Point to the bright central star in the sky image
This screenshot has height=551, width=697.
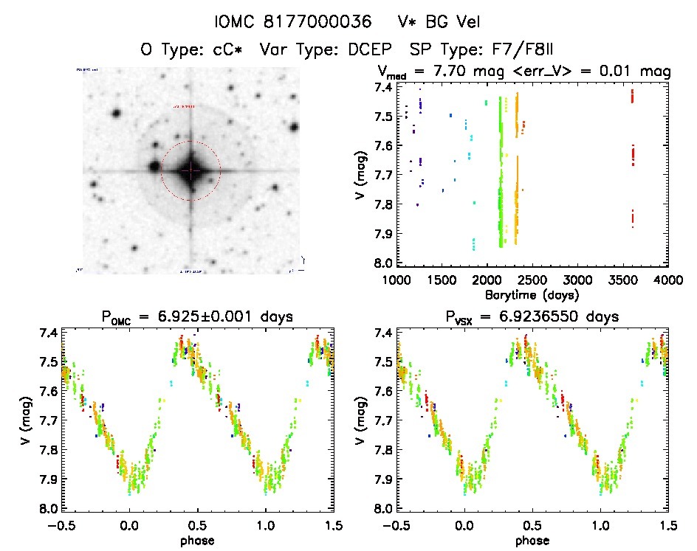[190, 170]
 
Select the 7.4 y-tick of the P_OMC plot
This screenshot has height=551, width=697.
[48, 333]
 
